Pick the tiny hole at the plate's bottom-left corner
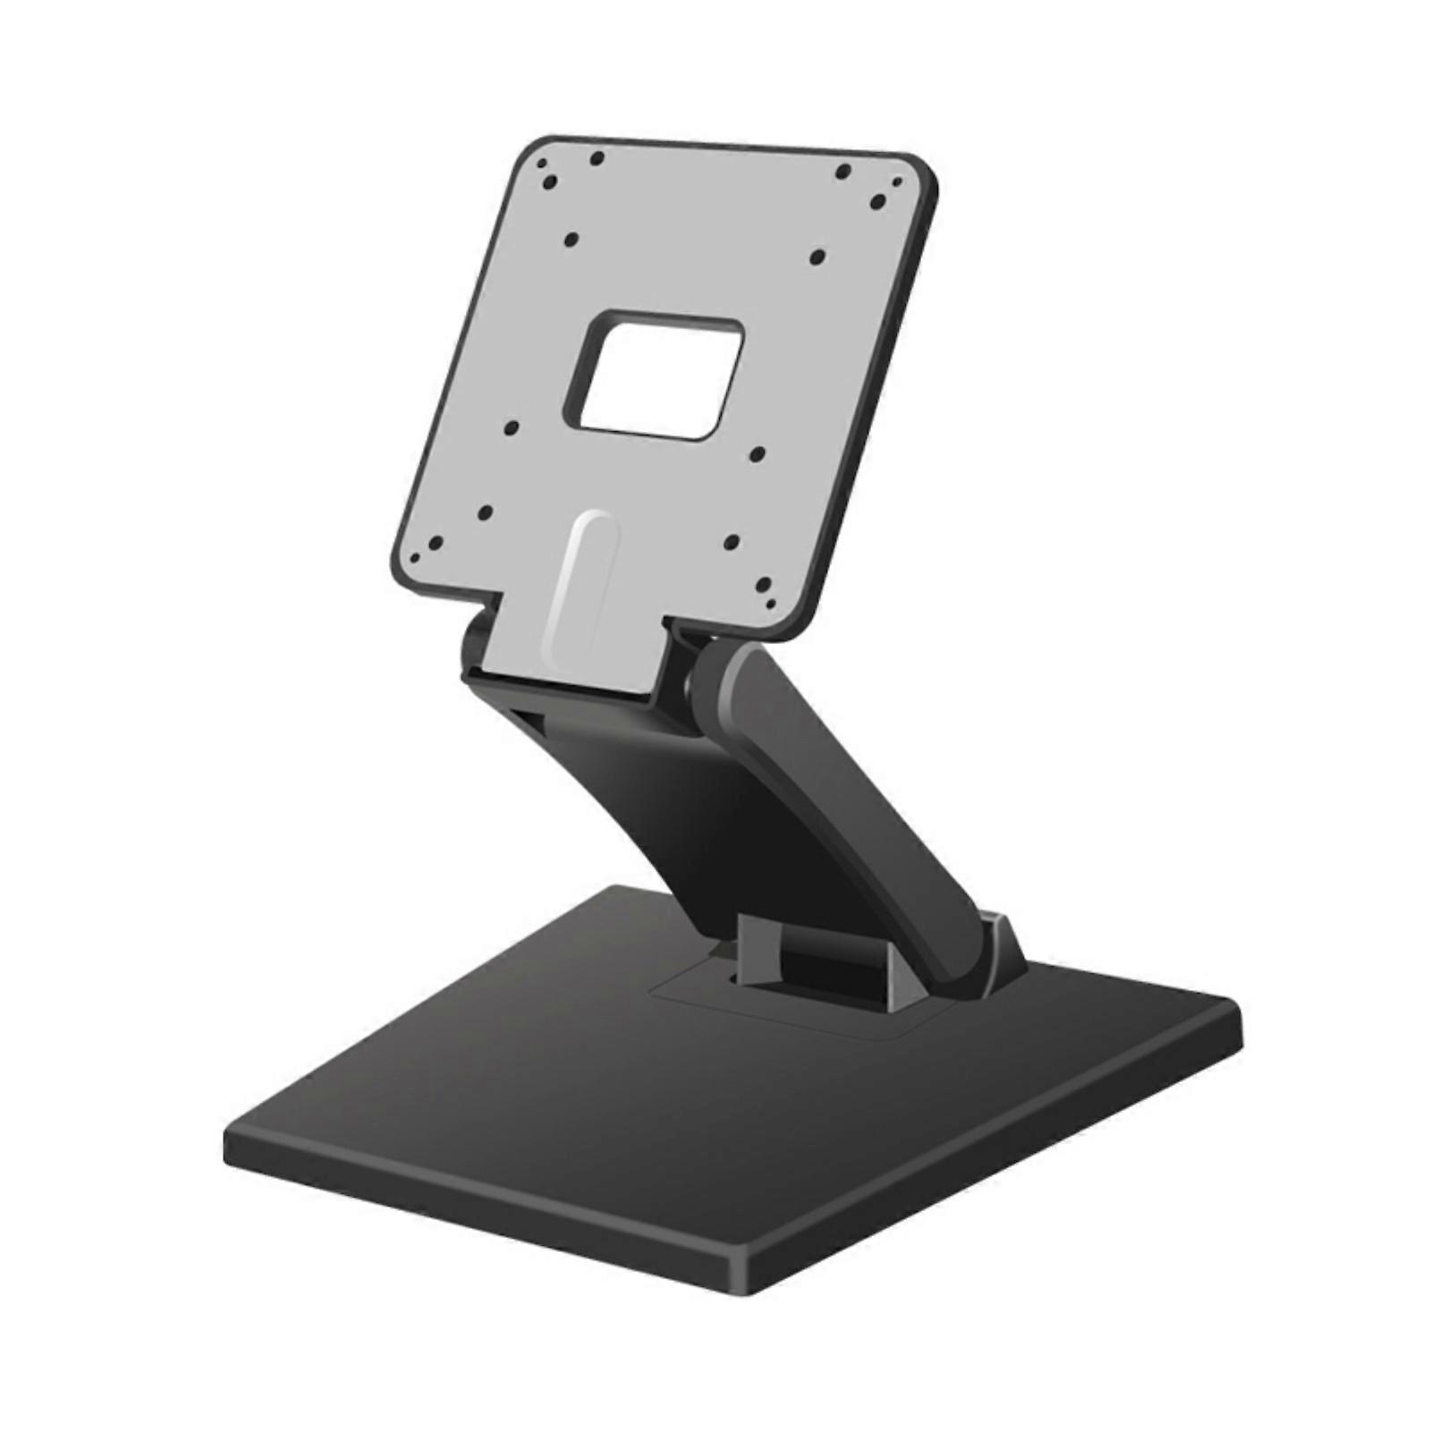point(414,556)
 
